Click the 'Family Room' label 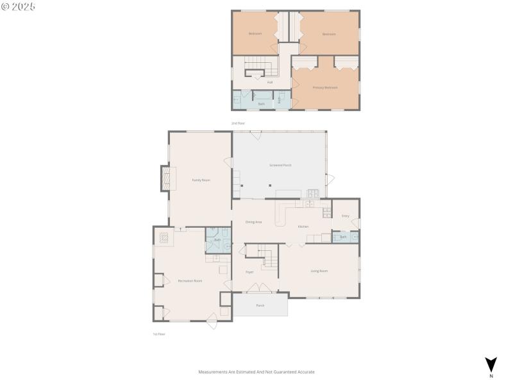201,180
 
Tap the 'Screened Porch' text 280,166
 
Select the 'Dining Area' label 253,222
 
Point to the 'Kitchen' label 303,227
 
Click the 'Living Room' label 319,271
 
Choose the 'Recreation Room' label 190,281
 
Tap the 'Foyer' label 249,272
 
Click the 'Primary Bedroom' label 325,87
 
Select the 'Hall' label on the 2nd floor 270,82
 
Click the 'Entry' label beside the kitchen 345,216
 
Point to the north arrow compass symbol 491,364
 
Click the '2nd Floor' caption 238,123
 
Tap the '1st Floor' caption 158,334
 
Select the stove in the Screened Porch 314,193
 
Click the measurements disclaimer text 256,372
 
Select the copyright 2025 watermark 19,6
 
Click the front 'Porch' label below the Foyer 260,305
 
